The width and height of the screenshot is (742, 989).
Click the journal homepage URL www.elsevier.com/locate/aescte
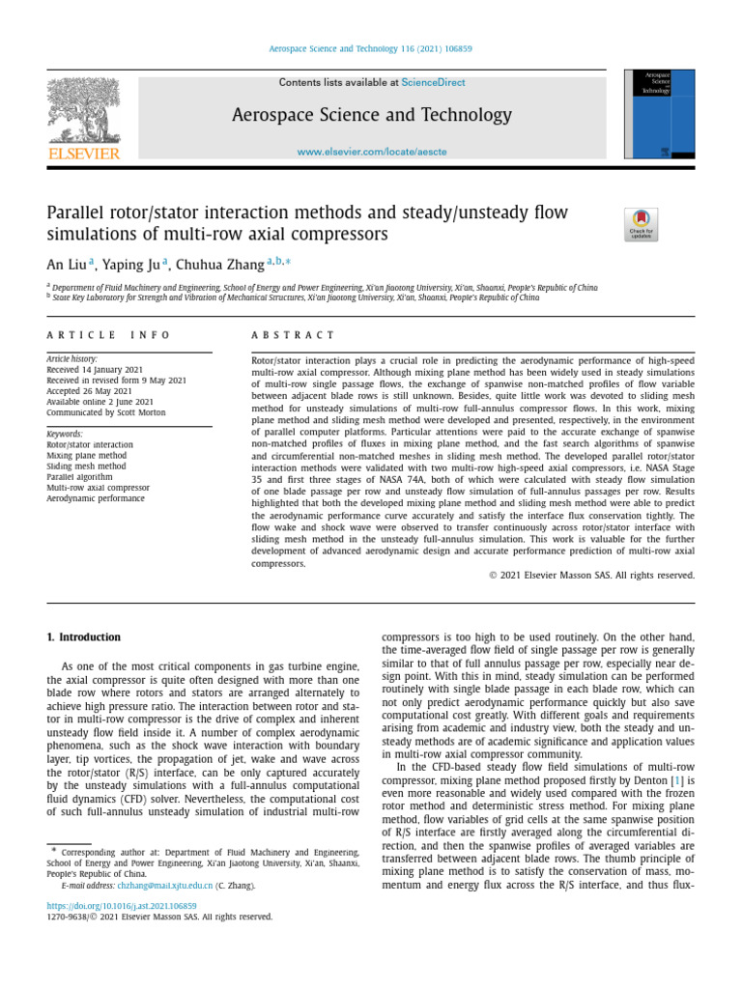pyautogui.click(x=372, y=153)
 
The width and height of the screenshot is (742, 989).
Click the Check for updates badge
pyautogui.click(x=642, y=224)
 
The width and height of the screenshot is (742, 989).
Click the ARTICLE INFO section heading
pyautogui.click(x=108, y=335)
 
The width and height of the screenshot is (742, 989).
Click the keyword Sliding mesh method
pyautogui.click(x=86, y=466)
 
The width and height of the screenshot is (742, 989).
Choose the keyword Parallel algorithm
pyautogui.click(x=79, y=476)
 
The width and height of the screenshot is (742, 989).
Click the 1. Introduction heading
pyautogui.click(x=84, y=637)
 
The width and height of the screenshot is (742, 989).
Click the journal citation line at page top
pyautogui.click(x=371, y=49)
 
